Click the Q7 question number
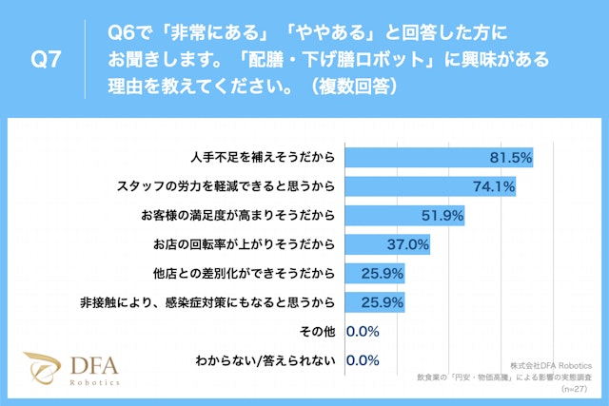click(47, 59)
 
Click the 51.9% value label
click(442, 216)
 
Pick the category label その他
click(319, 332)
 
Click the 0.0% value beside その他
click(364, 332)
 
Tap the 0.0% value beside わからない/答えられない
click(364, 361)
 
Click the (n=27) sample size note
click(575, 388)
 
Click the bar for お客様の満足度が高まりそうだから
click(404, 216)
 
